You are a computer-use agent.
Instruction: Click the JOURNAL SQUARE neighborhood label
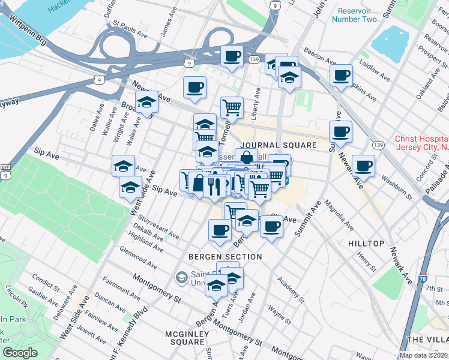(x=278, y=145)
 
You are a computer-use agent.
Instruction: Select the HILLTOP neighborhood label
(x=366, y=244)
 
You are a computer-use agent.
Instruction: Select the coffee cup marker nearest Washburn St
(x=363, y=166)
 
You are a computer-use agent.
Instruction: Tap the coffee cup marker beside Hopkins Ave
(x=341, y=76)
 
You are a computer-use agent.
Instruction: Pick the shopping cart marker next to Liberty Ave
(x=232, y=108)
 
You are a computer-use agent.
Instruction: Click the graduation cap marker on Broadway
(x=146, y=102)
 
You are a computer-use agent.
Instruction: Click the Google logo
(x=20, y=353)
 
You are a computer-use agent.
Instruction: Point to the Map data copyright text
(x=423, y=355)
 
